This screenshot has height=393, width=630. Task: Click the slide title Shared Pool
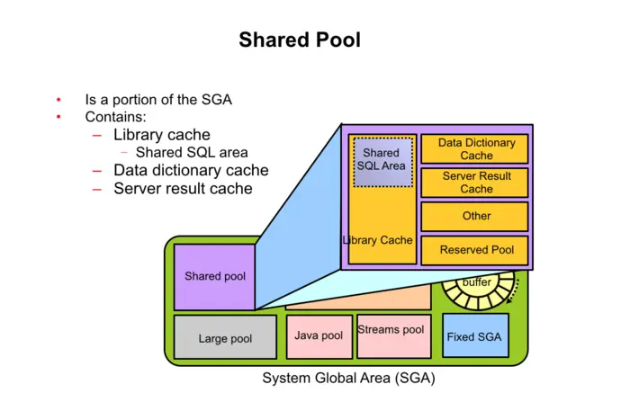click(299, 40)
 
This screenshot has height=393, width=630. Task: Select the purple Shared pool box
click(214, 276)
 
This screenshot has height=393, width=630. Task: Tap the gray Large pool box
click(225, 338)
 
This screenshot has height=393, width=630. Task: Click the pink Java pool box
click(319, 335)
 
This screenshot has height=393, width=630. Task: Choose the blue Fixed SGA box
click(474, 336)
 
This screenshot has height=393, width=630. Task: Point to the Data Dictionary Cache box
click(476, 149)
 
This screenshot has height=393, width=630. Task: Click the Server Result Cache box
click(476, 183)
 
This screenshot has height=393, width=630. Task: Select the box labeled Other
click(476, 216)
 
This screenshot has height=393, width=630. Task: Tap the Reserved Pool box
click(476, 249)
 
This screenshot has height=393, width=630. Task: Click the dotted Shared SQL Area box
click(382, 161)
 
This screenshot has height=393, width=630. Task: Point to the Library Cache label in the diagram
click(378, 240)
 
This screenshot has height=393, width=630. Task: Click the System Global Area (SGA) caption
click(348, 378)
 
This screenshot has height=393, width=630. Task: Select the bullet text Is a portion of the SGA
click(158, 100)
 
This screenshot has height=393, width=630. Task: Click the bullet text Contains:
click(115, 117)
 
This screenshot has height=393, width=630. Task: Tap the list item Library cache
click(161, 135)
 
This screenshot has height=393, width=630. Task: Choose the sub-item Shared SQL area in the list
click(191, 153)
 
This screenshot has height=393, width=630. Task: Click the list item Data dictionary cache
click(190, 170)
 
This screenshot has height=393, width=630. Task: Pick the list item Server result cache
click(182, 188)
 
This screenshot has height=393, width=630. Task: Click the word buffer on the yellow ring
click(476, 282)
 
